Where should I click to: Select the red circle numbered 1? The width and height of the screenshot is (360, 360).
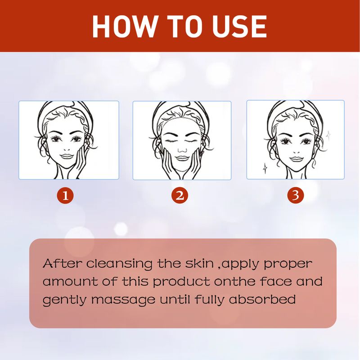(x=66, y=195)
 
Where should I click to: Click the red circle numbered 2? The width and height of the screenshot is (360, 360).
(x=180, y=195)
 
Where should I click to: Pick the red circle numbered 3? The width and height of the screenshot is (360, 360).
(x=296, y=195)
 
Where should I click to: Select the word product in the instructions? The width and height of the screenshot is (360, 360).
(x=182, y=282)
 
